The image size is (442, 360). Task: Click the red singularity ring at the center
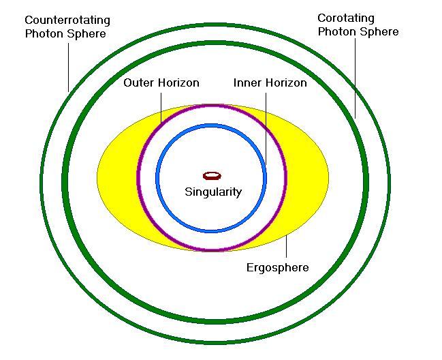point(212,176)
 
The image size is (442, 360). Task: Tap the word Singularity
point(213,192)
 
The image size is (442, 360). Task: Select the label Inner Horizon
point(270,83)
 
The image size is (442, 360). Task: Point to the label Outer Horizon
point(161,83)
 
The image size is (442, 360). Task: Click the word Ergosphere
point(277,267)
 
